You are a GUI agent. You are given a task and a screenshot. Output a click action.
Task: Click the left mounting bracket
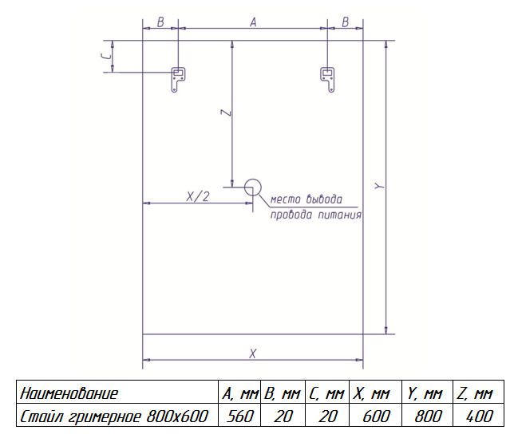178,80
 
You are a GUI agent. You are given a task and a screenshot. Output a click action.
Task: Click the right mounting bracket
327,80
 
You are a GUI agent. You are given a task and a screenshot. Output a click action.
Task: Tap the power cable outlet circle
253,187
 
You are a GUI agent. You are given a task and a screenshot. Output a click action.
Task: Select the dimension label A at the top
253,22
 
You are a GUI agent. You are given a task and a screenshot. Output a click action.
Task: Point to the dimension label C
106,57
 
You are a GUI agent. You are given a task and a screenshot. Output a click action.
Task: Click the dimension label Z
226,112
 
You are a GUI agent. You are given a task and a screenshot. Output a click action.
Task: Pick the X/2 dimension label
198,196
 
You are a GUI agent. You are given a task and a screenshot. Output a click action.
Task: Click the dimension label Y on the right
380,186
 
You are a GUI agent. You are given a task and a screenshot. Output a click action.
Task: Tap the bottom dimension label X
252,353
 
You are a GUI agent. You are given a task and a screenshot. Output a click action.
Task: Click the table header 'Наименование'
69,393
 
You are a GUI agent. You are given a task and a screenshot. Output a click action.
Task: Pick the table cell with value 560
240,416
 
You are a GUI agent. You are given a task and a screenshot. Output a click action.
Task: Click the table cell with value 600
377,416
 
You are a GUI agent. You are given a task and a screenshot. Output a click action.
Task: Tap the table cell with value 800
428,416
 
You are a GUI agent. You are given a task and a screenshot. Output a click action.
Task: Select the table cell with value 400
479,416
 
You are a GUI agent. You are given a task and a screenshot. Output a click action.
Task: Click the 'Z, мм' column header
475,393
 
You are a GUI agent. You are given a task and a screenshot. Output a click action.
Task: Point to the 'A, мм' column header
240,393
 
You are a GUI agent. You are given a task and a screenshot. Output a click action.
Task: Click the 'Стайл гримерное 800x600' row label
114,416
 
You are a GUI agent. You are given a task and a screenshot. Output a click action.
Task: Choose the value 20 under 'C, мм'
328,416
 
